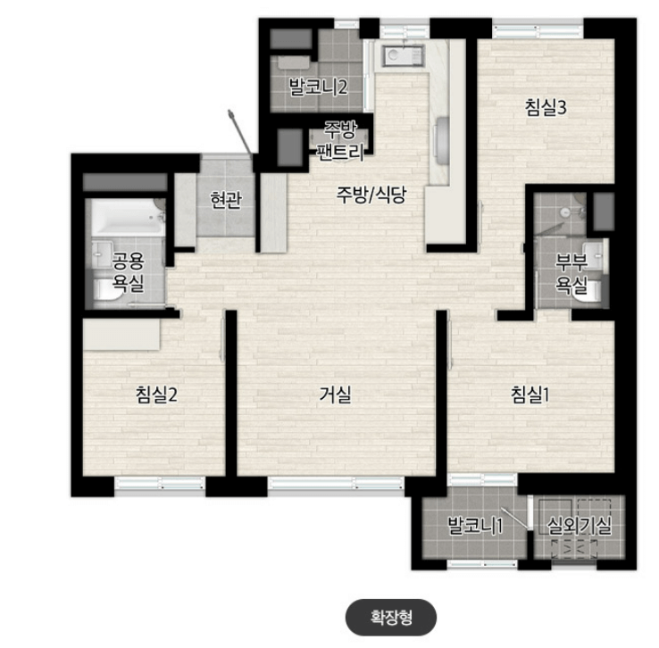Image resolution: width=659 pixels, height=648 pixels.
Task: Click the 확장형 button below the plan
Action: point(391,618)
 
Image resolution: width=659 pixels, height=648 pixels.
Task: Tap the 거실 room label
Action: point(335,395)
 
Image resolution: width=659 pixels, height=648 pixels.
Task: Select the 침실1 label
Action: point(530,395)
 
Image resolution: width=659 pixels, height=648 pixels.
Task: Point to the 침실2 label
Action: point(156,395)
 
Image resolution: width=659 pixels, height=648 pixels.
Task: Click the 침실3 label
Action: point(546,107)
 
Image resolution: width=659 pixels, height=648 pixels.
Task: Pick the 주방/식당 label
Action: point(371,195)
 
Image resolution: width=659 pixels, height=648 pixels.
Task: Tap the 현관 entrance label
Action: point(226,200)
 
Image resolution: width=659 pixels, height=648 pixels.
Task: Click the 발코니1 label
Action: point(475,526)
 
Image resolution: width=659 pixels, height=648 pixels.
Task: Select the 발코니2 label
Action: point(318,87)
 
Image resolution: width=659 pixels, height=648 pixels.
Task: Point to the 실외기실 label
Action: point(580,526)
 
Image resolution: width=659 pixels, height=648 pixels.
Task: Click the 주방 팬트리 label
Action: point(340,141)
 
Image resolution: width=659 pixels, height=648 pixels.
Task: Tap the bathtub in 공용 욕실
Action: point(128,218)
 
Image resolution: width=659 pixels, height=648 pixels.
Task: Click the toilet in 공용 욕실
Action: point(107,290)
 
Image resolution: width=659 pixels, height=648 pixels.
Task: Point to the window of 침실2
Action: point(160,484)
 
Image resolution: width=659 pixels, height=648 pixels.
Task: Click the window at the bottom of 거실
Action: point(337,484)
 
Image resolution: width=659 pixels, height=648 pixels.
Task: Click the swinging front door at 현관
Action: point(240,133)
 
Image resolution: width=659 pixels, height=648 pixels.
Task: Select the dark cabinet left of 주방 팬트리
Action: point(290,147)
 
